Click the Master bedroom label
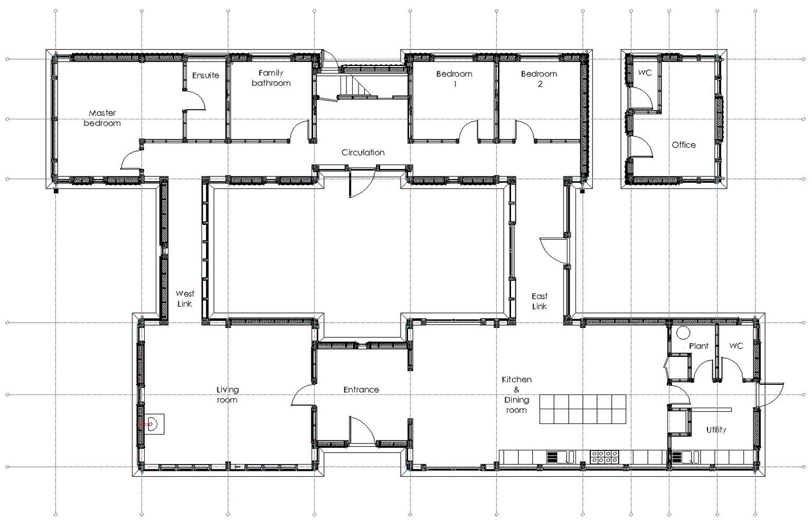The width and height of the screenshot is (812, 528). [x=102, y=118]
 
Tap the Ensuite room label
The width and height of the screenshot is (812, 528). [x=205, y=76]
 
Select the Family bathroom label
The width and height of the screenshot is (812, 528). [x=271, y=78]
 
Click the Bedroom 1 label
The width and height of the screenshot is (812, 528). [x=454, y=79]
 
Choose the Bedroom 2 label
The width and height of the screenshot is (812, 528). [x=539, y=79]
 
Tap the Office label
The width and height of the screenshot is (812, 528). [x=684, y=145]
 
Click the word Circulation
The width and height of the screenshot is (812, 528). [x=363, y=153]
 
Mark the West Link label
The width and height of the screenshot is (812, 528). [x=185, y=298]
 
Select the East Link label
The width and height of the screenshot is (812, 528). [x=540, y=301]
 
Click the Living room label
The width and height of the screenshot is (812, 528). [x=228, y=394]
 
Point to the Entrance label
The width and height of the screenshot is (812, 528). [x=361, y=390]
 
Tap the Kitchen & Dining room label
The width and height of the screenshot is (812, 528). [x=516, y=394]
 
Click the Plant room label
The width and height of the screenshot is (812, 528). [x=698, y=346]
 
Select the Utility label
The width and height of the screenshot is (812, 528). [x=716, y=430]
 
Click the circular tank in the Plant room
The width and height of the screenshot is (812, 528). [x=683, y=333]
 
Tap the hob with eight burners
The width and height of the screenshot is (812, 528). [x=605, y=457]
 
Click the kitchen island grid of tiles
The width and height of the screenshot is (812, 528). [x=582, y=409]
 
